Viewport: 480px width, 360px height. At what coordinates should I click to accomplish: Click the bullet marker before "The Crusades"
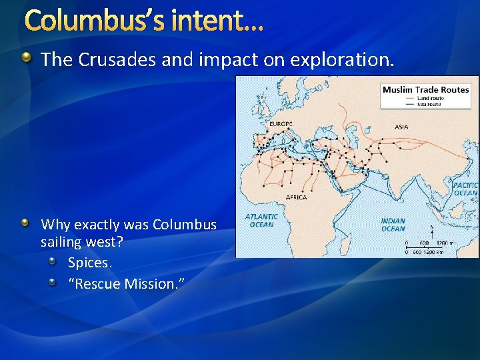pos(25,59)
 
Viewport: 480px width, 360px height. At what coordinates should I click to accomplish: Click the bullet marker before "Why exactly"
pos(25,223)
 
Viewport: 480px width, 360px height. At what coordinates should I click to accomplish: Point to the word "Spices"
pos(89,263)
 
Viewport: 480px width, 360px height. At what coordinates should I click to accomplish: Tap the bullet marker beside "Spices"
pos(53,263)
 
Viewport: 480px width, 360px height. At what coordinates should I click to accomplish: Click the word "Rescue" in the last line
pos(99,284)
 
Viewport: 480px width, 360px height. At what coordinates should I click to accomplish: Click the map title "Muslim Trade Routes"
pos(425,89)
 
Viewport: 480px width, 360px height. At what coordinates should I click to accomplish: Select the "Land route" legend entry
pos(431,98)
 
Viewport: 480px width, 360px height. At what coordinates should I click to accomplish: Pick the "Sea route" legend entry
pos(429,104)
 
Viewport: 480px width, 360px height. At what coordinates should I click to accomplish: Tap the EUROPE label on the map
pos(281,124)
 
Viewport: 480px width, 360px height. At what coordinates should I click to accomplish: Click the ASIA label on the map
pos(401,127)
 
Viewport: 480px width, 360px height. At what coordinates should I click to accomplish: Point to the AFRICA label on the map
pos(296,197)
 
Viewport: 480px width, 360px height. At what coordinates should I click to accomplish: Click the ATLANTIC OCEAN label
pos(261,221)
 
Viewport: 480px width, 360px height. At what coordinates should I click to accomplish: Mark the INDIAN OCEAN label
pos(393,225)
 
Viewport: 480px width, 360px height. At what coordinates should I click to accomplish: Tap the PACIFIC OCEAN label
pos(465,189)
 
